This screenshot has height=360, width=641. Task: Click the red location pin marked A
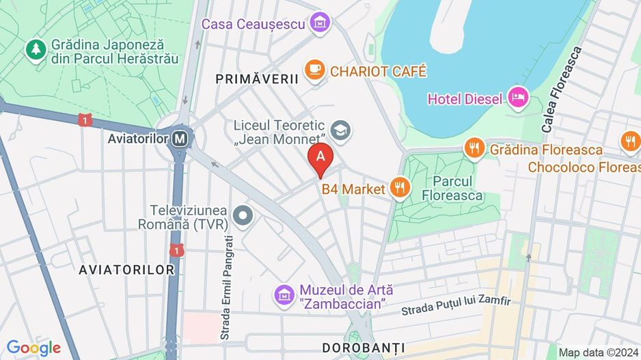point(320,158)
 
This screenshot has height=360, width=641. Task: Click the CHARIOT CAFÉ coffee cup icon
point(315,70)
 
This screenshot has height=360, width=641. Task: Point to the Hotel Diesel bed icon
point(518,98)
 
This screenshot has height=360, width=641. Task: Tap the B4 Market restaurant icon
point(400,188)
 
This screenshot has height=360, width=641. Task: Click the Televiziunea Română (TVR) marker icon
point(243,217)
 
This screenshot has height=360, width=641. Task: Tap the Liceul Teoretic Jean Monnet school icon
point(340,130)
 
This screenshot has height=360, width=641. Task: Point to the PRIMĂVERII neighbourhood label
point(258,79)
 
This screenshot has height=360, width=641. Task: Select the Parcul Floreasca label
point(458,189)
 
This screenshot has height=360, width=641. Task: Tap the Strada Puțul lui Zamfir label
point(456,305)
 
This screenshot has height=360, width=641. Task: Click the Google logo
point(33,348)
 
